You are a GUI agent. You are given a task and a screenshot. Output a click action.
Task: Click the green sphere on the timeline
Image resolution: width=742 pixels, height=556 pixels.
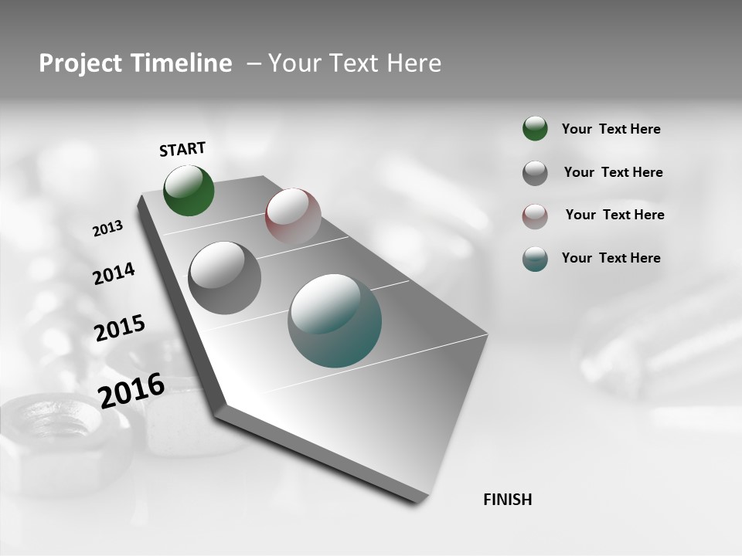(189, 191)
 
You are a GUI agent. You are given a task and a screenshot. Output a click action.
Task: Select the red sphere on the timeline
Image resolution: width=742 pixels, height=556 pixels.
(293, 215)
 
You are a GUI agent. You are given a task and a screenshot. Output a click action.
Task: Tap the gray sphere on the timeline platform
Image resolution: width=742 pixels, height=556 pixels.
(224, 278)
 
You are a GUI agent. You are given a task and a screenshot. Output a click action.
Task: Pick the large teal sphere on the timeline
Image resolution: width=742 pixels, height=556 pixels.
(335, 320)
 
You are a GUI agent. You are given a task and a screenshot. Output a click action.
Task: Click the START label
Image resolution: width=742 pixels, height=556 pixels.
(182, 149)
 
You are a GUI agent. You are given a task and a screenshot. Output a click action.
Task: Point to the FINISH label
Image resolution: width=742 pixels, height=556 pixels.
(507, 500)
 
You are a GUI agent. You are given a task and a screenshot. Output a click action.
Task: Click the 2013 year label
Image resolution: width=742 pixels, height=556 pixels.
(107, 229)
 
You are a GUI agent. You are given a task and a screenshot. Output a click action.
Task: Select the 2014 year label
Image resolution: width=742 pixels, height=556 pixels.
(114, 274)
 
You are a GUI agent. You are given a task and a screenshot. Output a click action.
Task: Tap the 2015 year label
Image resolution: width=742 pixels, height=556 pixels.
(120, 328)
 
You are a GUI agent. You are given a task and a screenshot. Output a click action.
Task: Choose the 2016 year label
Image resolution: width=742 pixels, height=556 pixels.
(131, 391)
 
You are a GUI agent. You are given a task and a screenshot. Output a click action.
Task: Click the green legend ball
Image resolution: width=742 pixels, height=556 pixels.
(535, 128)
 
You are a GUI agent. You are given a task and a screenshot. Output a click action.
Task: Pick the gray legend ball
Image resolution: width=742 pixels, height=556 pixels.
(535, 173)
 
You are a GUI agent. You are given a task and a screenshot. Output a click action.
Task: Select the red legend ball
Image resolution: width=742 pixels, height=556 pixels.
(535, 216)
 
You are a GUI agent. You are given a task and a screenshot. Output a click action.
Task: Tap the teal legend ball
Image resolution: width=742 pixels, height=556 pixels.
(535, 259)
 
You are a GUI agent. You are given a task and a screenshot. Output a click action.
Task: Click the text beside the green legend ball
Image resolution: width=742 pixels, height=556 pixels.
(611, 129)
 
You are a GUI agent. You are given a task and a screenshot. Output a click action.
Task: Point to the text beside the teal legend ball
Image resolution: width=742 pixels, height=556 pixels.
(611, 258)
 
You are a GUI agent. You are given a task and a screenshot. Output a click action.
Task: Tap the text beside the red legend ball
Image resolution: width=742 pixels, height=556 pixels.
(614, 215)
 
